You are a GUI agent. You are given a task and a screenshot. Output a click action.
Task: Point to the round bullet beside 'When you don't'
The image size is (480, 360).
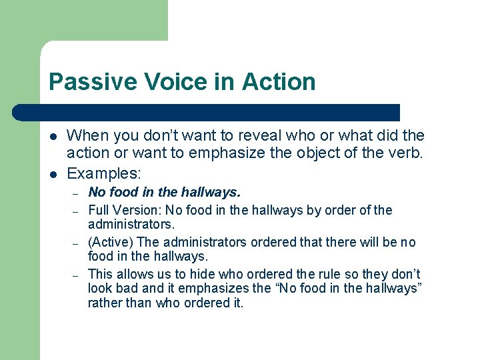[53, 136]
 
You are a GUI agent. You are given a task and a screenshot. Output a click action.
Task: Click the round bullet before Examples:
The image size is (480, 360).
[53, 173]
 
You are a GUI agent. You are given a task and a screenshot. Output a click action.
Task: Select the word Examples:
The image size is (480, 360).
[104, 173]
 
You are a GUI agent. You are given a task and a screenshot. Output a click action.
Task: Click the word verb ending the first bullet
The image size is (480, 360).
[406, 153]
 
